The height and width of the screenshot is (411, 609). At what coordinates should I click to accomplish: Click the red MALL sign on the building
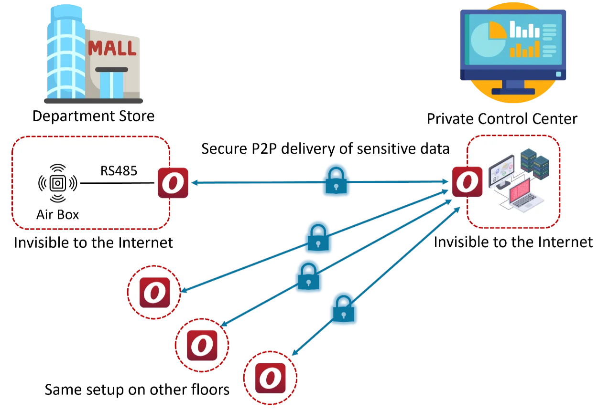[x=112, y=48]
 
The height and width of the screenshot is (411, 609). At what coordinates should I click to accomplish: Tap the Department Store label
[x=94, y=116]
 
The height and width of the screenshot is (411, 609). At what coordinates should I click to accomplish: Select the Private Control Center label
[x=502, y=119]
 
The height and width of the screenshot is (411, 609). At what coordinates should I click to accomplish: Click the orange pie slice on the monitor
[x=497, y=30]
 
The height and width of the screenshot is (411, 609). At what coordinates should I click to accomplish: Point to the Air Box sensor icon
[x=58, y=183]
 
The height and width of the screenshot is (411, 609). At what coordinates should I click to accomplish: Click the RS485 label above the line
[x=119, y=171]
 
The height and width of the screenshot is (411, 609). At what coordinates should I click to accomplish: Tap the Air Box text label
[x=58, y=214]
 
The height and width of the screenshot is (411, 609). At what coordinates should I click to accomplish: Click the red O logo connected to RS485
[x=173, y=183]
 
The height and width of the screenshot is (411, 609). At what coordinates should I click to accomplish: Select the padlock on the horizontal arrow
[x=337, y=180]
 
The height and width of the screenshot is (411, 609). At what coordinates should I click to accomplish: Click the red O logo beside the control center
[x=468, y=181]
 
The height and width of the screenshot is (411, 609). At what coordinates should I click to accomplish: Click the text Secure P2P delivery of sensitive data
[x=326, y=149]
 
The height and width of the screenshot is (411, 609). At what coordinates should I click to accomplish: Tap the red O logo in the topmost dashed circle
[x=155, y=292]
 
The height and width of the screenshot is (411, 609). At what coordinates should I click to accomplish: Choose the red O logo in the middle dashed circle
[x=202, y=345]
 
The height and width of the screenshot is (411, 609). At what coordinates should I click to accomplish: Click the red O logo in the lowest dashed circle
[x=271, y=378]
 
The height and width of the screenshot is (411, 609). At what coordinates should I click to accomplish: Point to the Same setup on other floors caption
[x=137, y=390]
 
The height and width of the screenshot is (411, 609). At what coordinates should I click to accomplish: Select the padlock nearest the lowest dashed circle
[x=344, y=309]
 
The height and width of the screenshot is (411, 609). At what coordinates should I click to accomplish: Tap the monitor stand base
[x=513, y=92]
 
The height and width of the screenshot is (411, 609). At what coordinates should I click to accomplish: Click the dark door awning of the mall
[x=111, y=70]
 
